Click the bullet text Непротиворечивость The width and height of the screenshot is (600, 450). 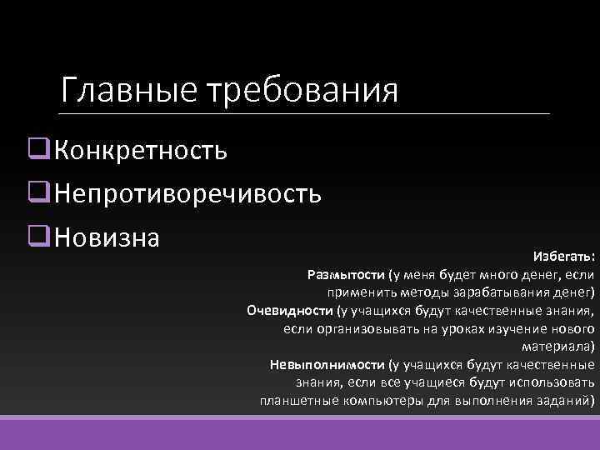pos(188,194)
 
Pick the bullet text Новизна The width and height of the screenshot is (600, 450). pos(107,238)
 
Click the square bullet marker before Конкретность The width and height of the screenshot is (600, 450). pos(36,150)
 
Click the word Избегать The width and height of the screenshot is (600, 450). pos(564,255)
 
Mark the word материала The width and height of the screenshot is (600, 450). pos(558,346)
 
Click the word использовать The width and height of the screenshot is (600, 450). pos(551,382)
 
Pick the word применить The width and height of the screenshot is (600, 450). pos(359,292)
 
